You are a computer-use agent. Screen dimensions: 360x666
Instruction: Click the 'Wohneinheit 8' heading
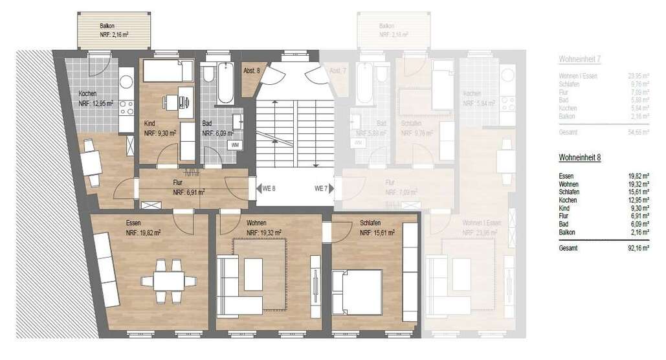coord(579,157)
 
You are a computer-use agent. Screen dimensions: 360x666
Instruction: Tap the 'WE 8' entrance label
coord(269,188)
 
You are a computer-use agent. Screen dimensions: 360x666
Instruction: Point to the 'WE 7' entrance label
coord(321,188)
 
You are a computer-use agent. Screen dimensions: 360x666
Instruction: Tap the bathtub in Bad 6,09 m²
coord(225,83)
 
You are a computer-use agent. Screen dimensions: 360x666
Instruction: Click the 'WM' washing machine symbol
coord(234,144)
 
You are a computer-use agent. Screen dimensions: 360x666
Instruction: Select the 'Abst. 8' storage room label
coord(251,70)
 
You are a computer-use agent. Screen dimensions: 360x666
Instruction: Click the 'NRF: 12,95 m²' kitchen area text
coord(96,103)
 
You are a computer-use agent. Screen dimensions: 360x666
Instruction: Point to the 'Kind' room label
coord(150,123)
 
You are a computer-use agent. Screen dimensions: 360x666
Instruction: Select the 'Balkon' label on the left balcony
coord(107,26)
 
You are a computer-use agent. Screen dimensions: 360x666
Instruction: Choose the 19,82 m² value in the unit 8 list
coord(636,176)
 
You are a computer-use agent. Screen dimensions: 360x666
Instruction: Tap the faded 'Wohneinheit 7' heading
coord(580,60)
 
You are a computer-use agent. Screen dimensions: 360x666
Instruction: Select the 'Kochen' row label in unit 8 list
coord(569,200)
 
